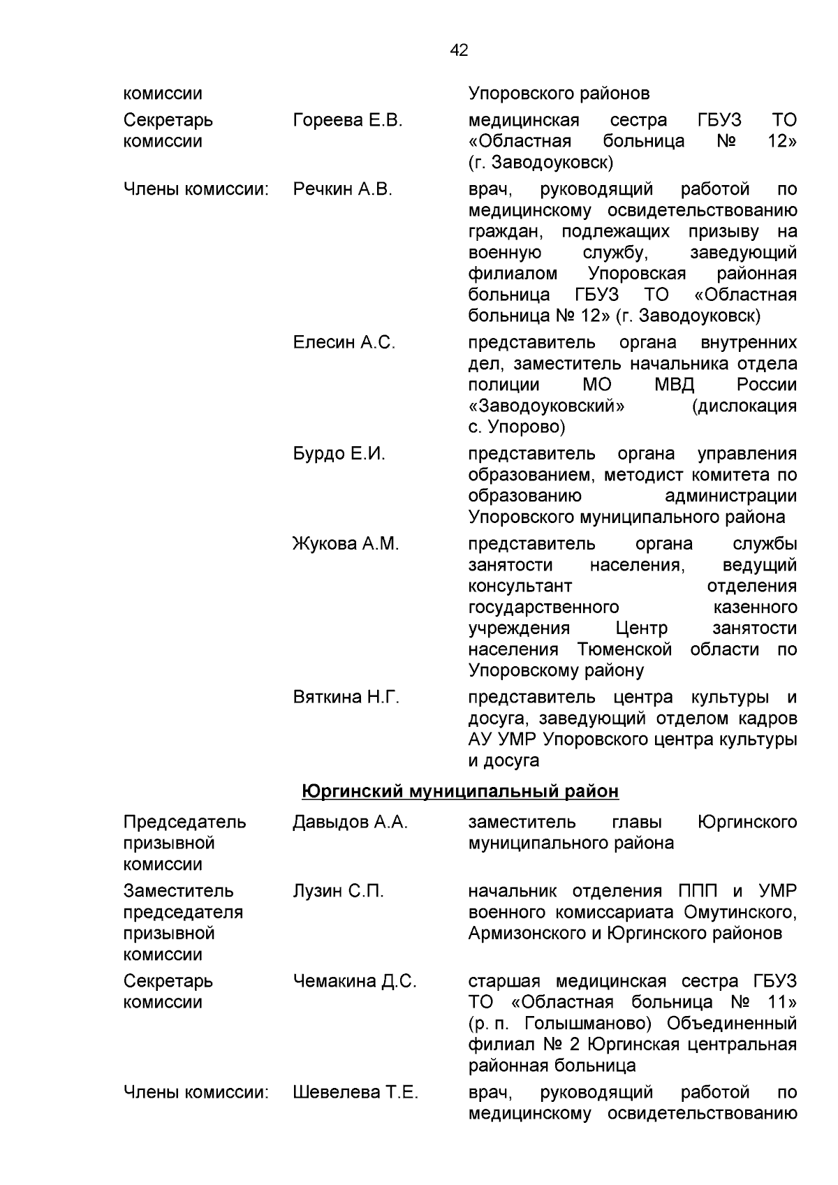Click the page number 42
click(460, 50)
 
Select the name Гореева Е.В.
click(348, 121)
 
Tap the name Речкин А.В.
click(342, 190)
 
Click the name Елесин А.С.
click(344, 343)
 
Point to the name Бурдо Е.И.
click(339, 454)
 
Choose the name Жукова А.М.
click(346, 544)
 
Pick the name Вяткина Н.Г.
click(346, 698)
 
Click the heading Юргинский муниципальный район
click(460, 791)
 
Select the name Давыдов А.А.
click(350, 823)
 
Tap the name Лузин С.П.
click(338, 892)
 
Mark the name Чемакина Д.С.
click(354, 982)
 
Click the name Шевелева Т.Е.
click(355, 1093)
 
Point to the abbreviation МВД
click(675, 385)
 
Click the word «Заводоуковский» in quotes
click(546, 406)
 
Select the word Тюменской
click(624, 649)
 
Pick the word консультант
click(520, 586)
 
